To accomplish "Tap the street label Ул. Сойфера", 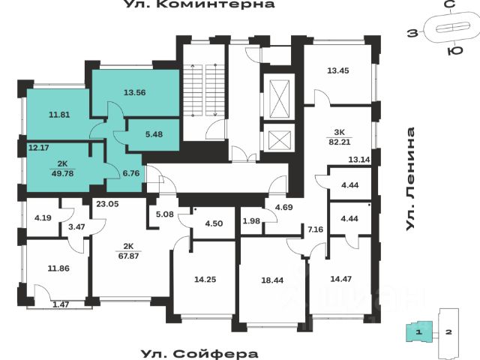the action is (x=199, y=353).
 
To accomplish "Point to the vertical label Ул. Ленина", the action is (x=410, y=179).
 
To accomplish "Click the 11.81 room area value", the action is (x=58, y=115).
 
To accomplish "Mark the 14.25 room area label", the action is (x=205, y=279).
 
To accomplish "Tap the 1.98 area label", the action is (x=250, y=220).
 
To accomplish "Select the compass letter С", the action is (x=449, y=6).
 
